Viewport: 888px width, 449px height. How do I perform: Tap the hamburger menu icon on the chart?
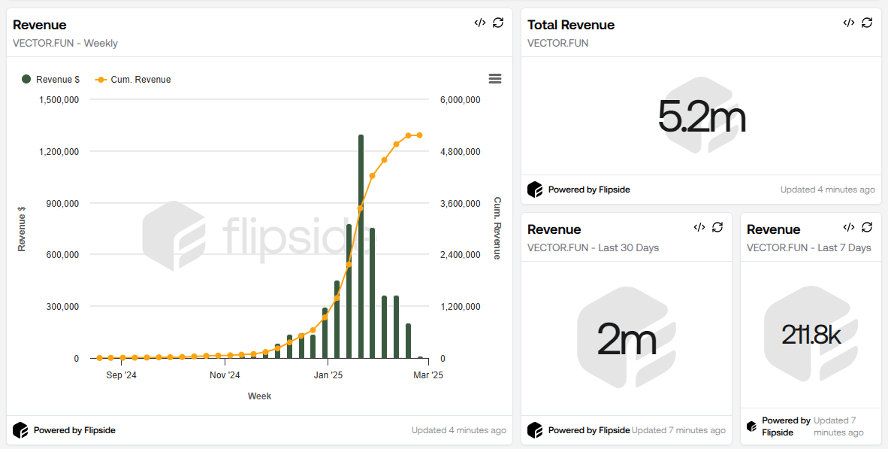[494, 79]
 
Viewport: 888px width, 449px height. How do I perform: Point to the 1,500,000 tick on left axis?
[58, 100]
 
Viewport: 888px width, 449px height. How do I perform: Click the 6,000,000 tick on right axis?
[460, 100]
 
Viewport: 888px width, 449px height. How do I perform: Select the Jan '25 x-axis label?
[327, 375]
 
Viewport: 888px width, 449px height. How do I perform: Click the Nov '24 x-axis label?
[225, 375]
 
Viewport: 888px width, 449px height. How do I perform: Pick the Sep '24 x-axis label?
[122, 375]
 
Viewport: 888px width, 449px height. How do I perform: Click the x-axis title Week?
[259, 396]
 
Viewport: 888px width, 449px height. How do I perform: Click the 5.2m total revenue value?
[701, 117]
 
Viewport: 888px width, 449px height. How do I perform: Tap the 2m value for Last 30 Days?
[626, 340]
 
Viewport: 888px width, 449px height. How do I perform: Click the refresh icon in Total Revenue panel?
[867, 23]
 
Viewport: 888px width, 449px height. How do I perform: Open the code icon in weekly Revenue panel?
[480, 23]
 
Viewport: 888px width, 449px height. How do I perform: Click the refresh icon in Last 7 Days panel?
[867, 227]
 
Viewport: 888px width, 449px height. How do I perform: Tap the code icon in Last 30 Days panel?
[699, 227]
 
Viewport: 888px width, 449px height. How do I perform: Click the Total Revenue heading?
[571, 25]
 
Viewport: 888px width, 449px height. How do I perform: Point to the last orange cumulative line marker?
[420, 135]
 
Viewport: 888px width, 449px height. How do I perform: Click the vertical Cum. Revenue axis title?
[497, 229]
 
